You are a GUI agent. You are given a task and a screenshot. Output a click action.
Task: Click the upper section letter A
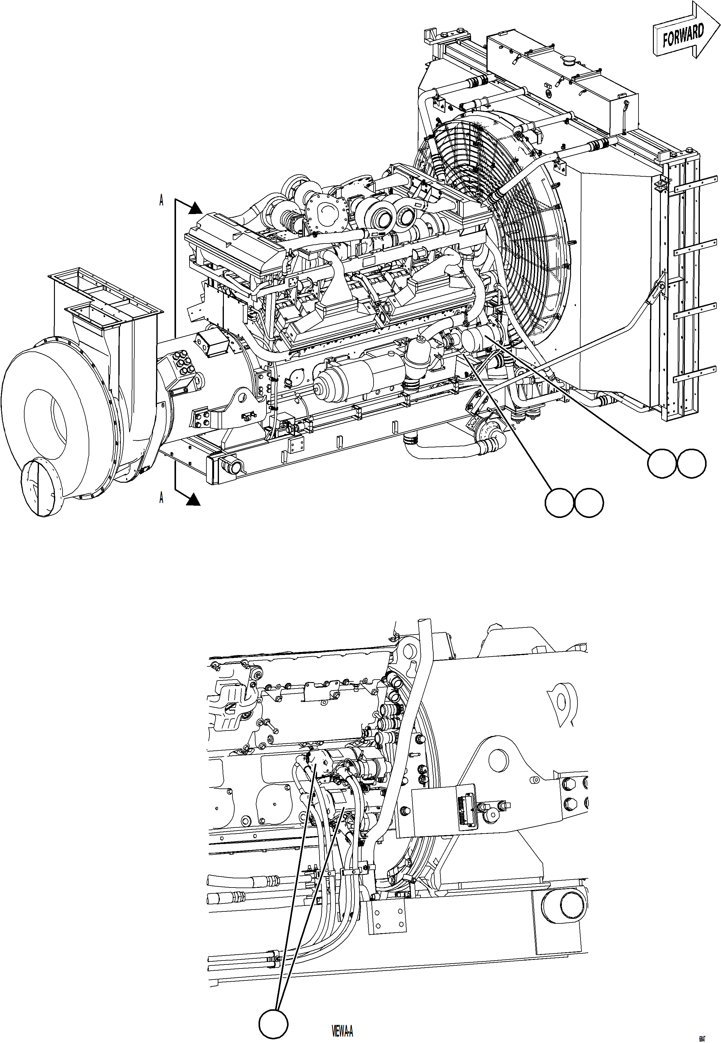(x=161, y=201)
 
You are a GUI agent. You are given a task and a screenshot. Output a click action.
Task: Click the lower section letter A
(x=161, y=498)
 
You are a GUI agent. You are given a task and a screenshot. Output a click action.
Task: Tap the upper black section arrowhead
(x=195, y=208)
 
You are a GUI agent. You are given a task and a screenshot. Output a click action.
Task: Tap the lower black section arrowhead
(x=194, y=499)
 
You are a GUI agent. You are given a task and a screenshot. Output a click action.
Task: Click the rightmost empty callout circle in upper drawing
(x=691, y=463)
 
